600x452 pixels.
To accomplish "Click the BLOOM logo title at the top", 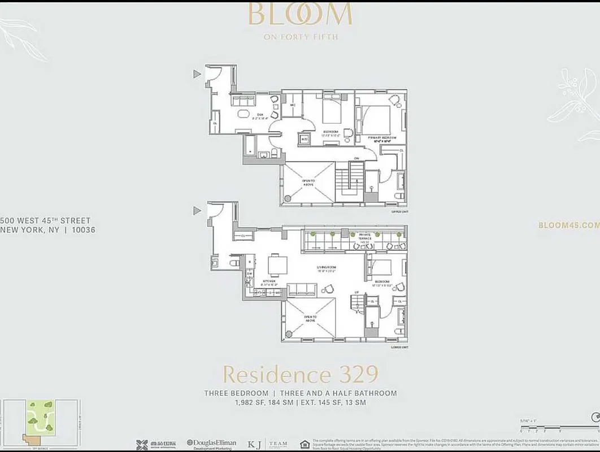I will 300,15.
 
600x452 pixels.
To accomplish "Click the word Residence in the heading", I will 269,375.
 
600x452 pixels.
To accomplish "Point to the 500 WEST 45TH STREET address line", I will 45,220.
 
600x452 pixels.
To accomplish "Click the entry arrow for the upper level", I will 197,74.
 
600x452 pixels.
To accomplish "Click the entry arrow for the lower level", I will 197,210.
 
